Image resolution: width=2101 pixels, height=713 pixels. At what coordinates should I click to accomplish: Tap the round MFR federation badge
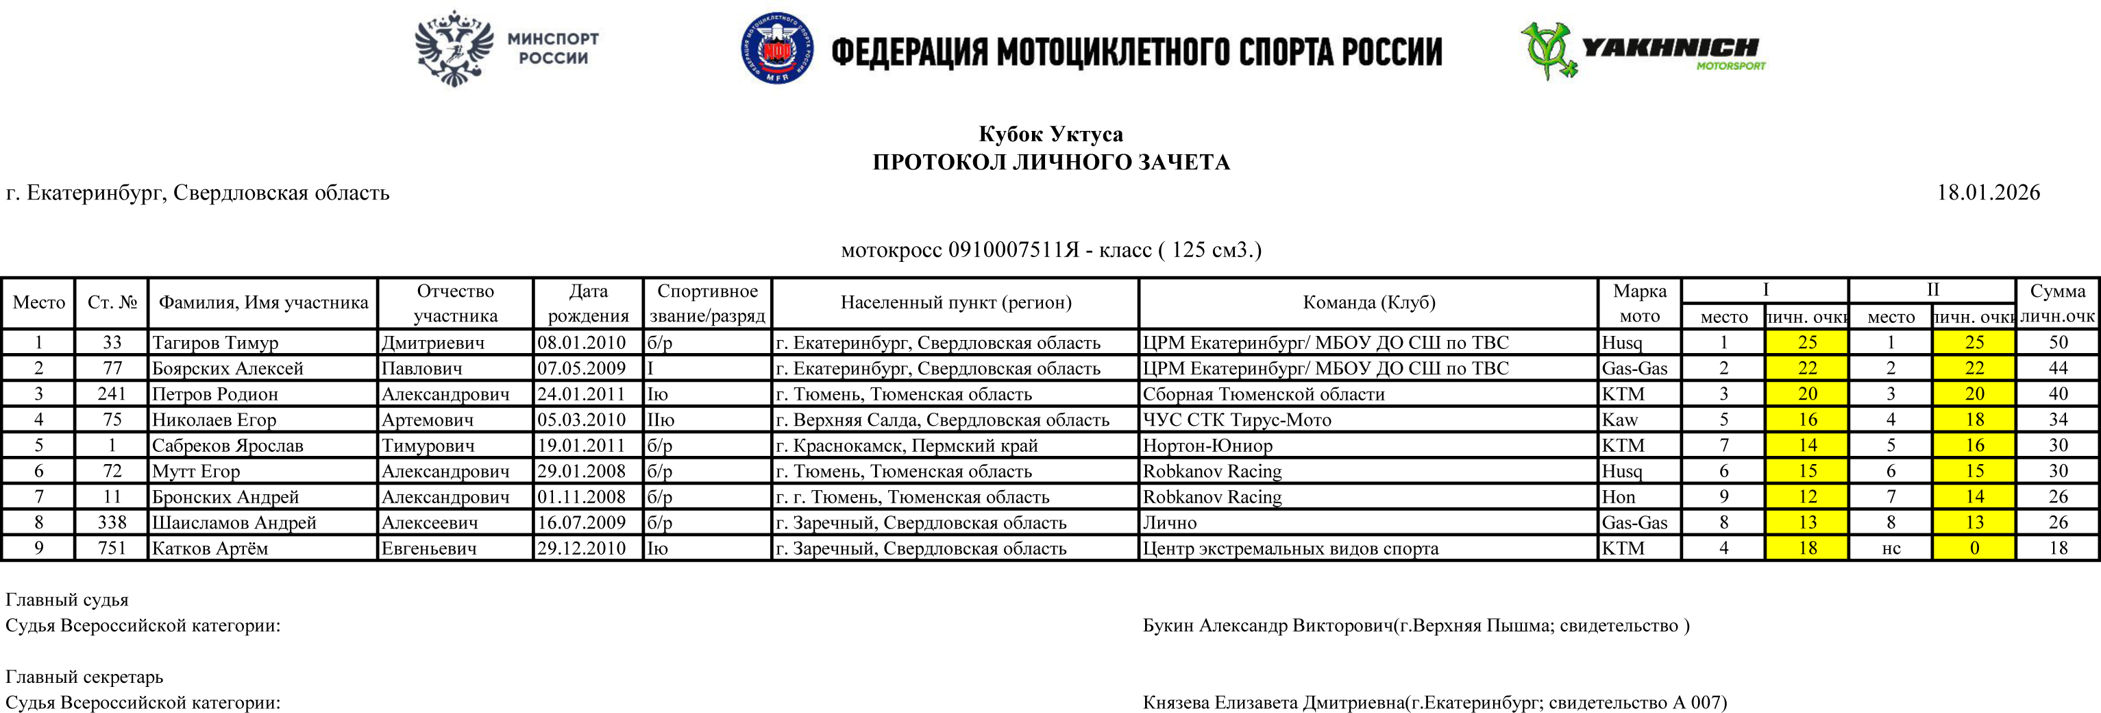click(776, 48)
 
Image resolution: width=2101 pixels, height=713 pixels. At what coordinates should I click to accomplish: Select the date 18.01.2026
click(1988, 193)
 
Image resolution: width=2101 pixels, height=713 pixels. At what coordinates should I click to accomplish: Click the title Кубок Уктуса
click(1050, 134)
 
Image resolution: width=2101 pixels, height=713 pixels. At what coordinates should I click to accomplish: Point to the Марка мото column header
click(1639, 302)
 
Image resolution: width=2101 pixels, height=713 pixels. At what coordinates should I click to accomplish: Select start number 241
click(112, 394)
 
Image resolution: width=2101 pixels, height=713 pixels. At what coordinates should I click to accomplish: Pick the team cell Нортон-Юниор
click(1207, 446)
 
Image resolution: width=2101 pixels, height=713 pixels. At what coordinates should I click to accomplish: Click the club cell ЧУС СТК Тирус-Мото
click(1236, 420)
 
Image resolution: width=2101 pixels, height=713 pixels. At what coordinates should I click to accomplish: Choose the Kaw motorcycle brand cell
click(1620, 420)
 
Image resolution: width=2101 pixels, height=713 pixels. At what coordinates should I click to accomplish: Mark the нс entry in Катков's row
click(1891, 548)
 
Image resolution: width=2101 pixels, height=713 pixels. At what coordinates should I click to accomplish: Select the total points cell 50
click(2058, 343)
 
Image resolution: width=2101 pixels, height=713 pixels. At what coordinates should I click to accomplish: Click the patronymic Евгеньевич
click(429, 548)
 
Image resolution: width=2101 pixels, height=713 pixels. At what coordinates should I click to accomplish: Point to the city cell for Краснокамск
click(906, 446)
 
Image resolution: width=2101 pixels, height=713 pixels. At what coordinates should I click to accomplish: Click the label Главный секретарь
click(85, 676)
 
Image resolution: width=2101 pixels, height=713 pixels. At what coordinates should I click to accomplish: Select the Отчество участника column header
click(455, 302)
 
